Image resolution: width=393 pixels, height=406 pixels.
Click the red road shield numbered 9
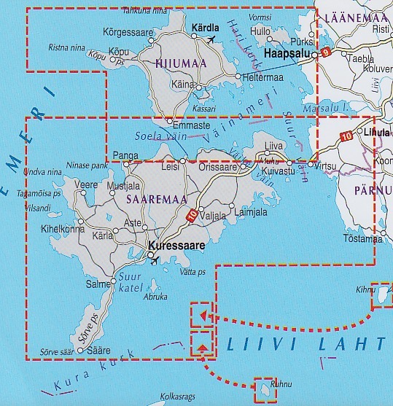tap(326, 52)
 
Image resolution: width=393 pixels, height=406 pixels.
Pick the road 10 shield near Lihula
tap(346, 135)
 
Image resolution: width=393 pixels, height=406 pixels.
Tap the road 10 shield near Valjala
tap(190, 215)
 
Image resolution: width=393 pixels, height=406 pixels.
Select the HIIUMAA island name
tap(176, 63)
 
